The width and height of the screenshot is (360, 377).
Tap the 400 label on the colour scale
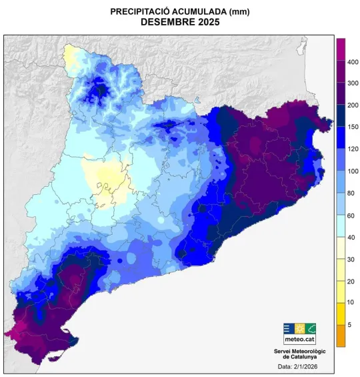353,62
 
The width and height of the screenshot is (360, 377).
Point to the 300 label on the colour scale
353,83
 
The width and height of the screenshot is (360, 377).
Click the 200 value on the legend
353,105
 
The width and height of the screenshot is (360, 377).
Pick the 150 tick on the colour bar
353,127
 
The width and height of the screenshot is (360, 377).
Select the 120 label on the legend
353,149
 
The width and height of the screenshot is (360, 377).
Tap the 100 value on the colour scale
353,171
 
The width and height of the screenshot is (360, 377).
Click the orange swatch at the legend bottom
340,336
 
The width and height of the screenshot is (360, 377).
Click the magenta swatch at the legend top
340,49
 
